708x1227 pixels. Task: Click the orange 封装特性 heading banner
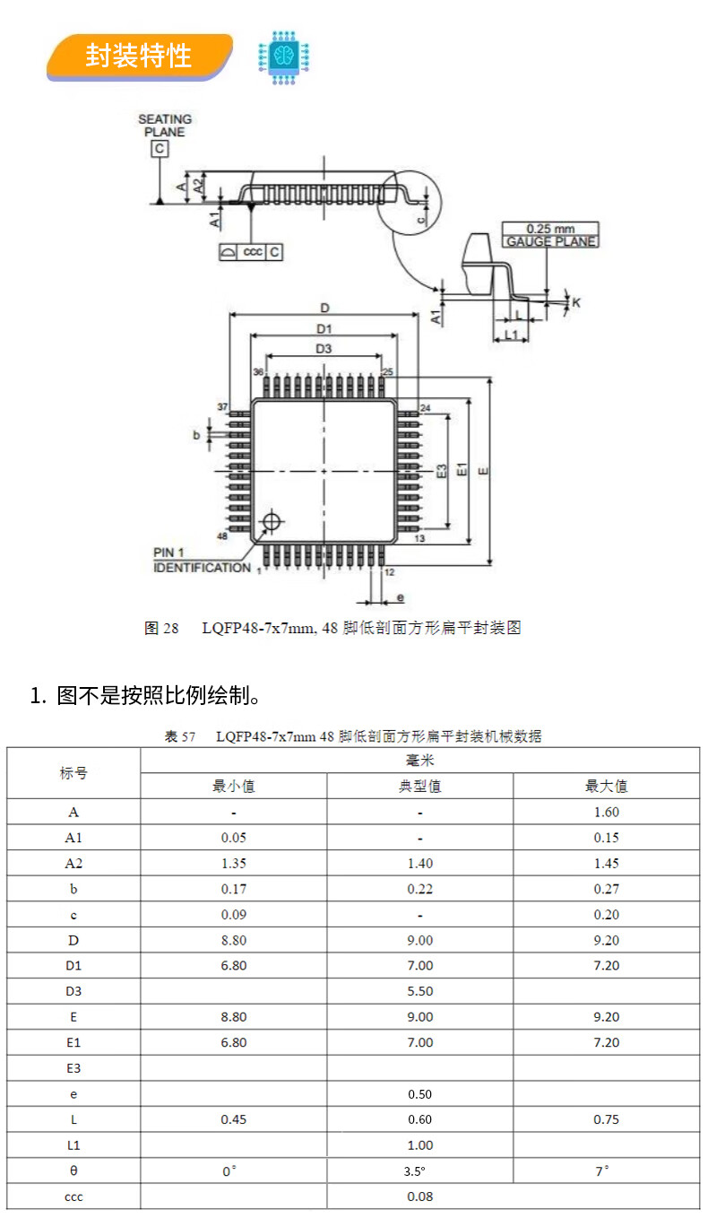[140, 57]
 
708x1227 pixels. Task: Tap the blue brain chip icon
[283, 57]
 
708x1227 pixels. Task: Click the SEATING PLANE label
[165, 126]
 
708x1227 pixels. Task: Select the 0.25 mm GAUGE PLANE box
[550, 235]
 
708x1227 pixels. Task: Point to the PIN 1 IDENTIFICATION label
[202, 560]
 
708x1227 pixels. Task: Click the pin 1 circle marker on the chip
[272, 521]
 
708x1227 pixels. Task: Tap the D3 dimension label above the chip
[324, 348]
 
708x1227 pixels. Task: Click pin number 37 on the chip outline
[222, 406]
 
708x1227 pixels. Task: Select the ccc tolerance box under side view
[251, 252]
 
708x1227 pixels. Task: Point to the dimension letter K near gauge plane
[576, 302]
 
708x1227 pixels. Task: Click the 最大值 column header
[606, 786]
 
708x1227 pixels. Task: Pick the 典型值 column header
[419, 786]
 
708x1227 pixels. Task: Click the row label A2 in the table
[73, 863]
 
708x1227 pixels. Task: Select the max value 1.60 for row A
[606, 812]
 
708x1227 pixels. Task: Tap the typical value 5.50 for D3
[419, 991]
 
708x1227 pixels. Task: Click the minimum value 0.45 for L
[234, 1119]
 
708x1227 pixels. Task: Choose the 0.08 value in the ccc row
[419, 1197]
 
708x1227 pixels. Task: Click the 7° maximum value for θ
[602, 1170]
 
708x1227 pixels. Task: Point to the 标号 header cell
[73, 773]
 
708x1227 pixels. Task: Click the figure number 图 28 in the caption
[161, 628]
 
